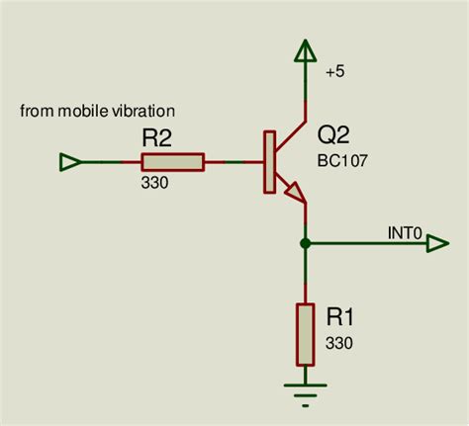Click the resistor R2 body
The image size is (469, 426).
172,162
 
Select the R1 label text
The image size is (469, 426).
340,317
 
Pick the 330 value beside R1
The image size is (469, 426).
338,343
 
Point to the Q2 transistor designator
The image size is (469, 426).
334,135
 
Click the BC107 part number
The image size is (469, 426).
343,159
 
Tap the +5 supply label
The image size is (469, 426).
333,70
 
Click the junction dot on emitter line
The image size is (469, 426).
305,242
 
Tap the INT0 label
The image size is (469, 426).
406,233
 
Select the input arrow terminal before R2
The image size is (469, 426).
70,162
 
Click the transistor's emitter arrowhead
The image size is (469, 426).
294,193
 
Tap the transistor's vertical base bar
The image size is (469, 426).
267,162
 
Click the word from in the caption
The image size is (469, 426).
34,110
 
